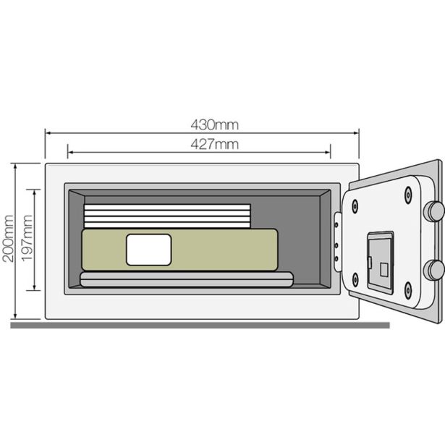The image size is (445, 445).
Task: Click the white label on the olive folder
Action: pyautogui.click(x=148, y=250)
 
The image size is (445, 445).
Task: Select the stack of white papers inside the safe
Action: pyautogui.click(x=166, y=216)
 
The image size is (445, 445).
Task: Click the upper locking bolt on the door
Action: pyautogui.click(x=433, y=211)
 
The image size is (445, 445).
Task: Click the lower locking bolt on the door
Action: pyautogui.click(x=433, y=270)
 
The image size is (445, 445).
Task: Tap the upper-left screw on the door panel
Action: pyautogui.click(x=355, y=205)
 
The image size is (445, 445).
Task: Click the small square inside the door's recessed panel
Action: pyautogui.click(x=383, y=268)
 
